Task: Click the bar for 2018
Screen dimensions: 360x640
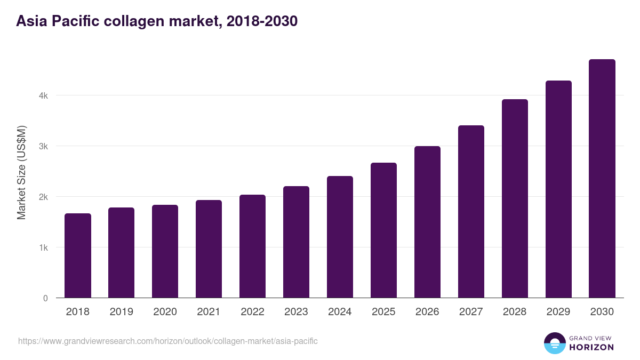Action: click(x=77, y=256)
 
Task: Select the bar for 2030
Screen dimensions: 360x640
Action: click(x=602, y=179)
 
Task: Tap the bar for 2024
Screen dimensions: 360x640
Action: click(x=340, y=237)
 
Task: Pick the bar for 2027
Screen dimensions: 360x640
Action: click(x=471, y=212)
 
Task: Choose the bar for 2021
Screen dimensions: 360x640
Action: click(x=209, y=249)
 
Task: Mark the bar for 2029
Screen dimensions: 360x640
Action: click(x=558, y=189)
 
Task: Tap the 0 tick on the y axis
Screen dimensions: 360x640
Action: click(x=45, y=298)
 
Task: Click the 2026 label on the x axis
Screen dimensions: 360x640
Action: click(x=427, y=312)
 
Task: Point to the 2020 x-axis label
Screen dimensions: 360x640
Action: click(x=165, y=312)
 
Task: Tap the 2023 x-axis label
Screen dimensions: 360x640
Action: click(x=296, y=312)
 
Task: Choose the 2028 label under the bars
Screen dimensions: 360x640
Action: click(x=515, y=312)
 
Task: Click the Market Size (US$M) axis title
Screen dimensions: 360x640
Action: click(x=21, y=172)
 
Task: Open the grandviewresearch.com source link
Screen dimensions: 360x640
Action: click(x=168, y=341)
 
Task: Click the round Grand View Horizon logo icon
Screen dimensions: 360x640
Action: click(x=554, y=343)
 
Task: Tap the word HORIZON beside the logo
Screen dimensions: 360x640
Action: click(x=591, y=347)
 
